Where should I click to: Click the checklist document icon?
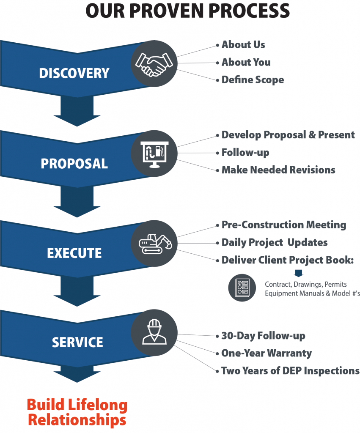(242, 288)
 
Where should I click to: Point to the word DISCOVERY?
(74, 73)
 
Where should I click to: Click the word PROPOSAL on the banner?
(74, 164)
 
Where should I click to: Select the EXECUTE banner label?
(74, 253)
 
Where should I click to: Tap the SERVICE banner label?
(77, 342)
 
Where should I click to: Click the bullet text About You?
(246, 63)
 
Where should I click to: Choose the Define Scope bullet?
(253, 80)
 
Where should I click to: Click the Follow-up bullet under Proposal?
(245, 153)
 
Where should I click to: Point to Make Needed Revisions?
(278, 170)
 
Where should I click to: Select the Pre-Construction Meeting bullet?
(283, 225)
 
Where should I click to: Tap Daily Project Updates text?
(275, 243)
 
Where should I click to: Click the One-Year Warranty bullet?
(267, 353)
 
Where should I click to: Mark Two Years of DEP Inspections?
(290, 371)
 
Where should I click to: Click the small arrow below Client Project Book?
(298, 273)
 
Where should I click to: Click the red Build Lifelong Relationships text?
(77, 412)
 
